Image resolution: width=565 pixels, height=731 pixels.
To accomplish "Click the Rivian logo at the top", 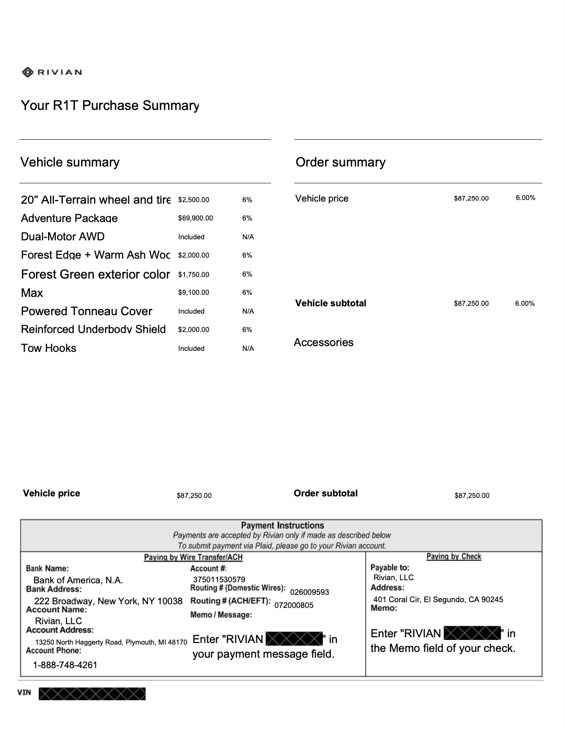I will [52, 72].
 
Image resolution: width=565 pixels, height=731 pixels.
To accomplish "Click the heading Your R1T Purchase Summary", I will [110, 105].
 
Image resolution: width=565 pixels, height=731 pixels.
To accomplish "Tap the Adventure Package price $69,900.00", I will [195, 218].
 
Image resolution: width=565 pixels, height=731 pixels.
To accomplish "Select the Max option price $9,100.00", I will [194, 293].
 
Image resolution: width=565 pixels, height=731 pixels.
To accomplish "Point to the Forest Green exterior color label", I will [95, 274].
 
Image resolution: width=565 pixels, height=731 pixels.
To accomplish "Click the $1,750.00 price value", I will [194, 274].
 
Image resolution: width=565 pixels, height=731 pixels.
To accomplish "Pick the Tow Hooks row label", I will [49, 348].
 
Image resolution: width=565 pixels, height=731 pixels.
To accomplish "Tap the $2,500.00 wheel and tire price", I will [194, 200].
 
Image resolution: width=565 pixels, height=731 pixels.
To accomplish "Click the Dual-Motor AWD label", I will [63, 237].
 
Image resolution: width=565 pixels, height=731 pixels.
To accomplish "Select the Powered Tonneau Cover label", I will [86, 311].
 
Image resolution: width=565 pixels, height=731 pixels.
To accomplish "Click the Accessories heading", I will [323, 342].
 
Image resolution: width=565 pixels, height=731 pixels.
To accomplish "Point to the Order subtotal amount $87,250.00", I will [472, 496].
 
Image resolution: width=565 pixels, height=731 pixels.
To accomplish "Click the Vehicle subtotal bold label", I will [331, 303].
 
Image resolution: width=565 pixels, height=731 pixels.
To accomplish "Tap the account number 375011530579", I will [219, 580].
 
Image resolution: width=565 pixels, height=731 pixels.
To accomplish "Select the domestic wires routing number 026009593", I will [309, 592].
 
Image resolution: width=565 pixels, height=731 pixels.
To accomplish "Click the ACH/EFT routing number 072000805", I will [294, 605].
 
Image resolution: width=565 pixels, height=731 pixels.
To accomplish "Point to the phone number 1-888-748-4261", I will [65, 665].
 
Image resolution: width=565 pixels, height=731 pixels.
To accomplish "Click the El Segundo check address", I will [438, 600].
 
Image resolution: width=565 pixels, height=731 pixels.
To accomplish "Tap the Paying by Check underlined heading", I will [454, 557].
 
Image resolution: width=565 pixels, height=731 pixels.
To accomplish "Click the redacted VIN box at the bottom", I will [92, 694].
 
